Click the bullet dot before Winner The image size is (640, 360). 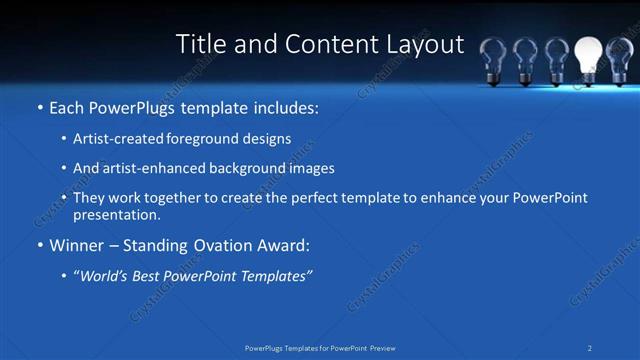[x=39, y=245]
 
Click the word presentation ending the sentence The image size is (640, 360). [x=116, y=214]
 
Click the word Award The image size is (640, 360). [x=284, y=245]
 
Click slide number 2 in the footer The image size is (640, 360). [x=590, y=347]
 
